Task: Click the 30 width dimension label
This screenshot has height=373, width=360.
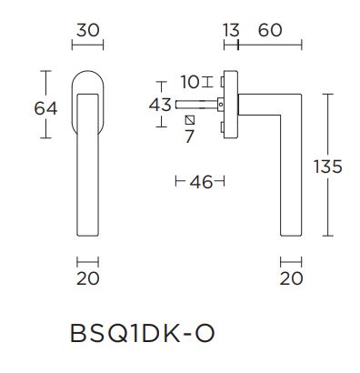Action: coord(87,29)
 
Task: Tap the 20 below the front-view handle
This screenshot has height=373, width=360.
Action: coord(87,278)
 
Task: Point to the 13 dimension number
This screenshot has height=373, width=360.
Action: coord(228,29)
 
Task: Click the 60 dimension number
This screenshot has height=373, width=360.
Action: coord(269,29)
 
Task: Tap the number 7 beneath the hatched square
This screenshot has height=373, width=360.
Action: coord(189,137)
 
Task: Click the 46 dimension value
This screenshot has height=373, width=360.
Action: coord(201,182)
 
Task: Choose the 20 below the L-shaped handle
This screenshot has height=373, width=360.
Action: coord(291,278)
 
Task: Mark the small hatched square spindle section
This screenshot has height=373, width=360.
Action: coord(189,121)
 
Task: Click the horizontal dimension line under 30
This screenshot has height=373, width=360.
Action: coord(87,45)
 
